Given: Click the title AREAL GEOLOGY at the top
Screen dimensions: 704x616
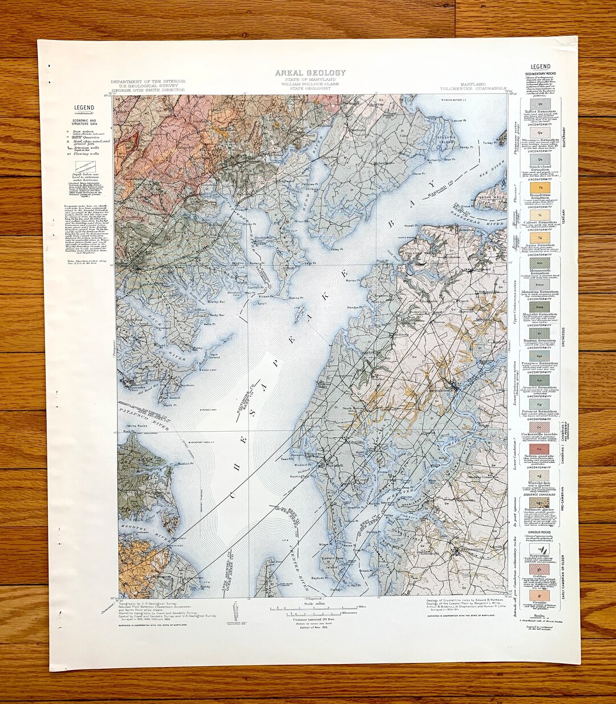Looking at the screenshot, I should click(310, 73).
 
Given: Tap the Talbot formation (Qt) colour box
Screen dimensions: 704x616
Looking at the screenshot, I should click(540, 105).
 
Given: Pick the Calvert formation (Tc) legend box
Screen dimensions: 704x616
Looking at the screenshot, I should click(540, 215).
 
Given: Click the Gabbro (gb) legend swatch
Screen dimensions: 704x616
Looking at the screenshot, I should click(540, 569).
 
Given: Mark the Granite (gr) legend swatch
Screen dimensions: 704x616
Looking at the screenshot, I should click(540, 595).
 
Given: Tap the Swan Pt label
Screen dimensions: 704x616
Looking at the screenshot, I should click(287, 458).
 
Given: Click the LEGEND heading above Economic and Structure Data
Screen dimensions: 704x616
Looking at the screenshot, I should click(83, 107).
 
